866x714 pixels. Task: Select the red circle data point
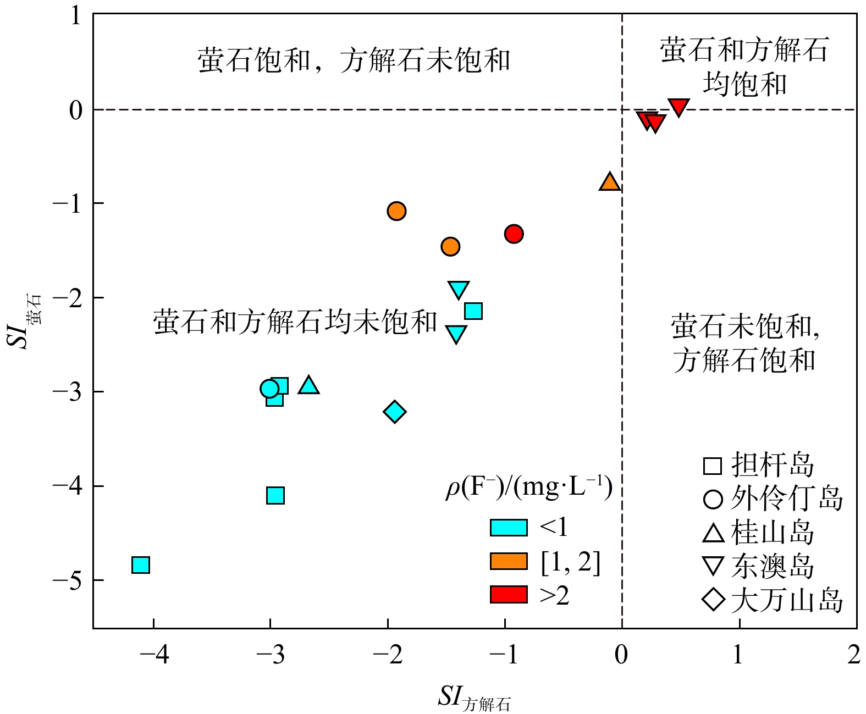[514, 234]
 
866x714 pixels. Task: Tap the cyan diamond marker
[394, 412]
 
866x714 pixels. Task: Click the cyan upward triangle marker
[308, 386]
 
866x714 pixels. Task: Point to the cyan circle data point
[269, 389]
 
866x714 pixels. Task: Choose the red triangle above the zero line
[679, 107]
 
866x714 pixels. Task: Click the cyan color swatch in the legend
[509, 528]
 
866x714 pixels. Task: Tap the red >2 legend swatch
[509, 595]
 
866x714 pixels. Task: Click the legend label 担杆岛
[773, 465]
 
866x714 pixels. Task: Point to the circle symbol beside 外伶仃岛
[713, 499]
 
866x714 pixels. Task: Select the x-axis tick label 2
[854, 655]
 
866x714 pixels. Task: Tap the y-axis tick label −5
[67, 580]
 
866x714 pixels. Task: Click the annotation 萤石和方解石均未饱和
[295, 322]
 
